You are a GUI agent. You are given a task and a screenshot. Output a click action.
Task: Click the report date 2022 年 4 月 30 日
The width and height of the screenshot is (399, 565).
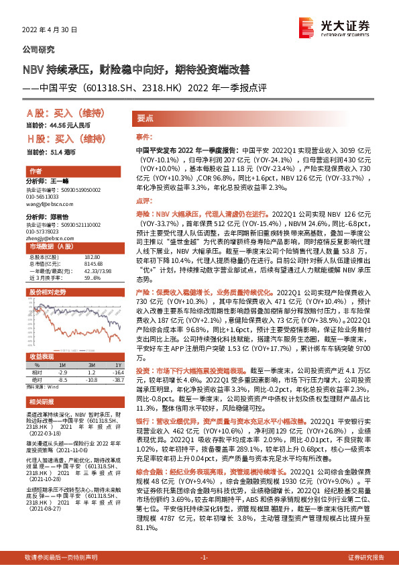pos(51,30)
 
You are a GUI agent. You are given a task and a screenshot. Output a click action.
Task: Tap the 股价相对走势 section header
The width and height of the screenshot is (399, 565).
pos(46,293)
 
